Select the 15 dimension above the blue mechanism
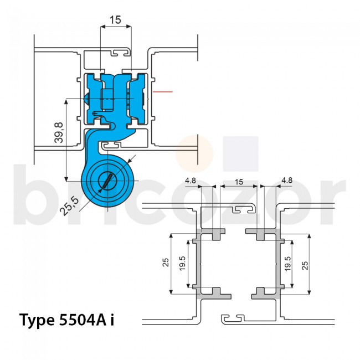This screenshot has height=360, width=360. click(x=115, y=20)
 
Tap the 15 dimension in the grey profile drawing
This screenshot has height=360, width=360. click(x=239, y=181)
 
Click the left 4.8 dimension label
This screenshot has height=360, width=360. click(x=191, y=181)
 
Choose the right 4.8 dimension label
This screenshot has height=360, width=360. click(x=287, y=181)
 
